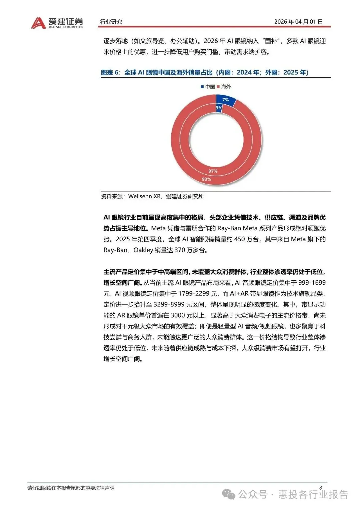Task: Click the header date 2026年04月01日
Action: [x=298, y=22]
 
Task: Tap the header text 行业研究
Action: [x=111, y=22]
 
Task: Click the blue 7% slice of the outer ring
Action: [x=226, y=100]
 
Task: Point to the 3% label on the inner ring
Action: [x=219, y=108]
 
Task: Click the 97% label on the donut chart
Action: [x=213, y=171]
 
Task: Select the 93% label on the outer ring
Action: [x=206, y=179]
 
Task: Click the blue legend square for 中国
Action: [x=202, y=87]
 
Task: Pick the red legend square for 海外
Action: [x=218, y=87]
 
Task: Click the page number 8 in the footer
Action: [x=321, y=488]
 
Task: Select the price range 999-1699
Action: [x=312, y=283]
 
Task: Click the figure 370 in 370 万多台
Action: [x=180, y=250]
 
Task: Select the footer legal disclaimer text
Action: [x=71, y=488]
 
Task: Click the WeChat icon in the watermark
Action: [x=229, y=494]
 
